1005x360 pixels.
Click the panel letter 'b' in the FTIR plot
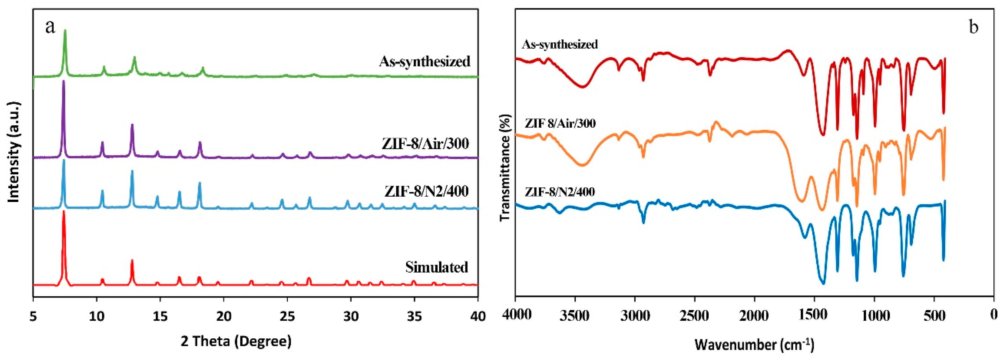point(973,27)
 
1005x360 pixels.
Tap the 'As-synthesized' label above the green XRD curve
point(424,61)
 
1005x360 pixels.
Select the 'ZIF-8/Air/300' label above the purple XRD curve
point(425,144)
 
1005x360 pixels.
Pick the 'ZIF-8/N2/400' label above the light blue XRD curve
point(426,191)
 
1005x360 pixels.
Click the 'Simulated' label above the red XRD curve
point(437,267)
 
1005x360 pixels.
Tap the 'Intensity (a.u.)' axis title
point(14,152)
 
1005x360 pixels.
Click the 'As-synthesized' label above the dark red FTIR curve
point(559,44)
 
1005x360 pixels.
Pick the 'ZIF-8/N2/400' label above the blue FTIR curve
point(559,192)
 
